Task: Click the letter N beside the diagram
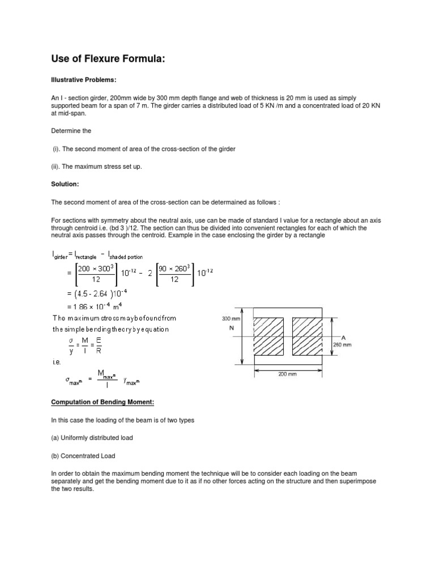tap(231, 328)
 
